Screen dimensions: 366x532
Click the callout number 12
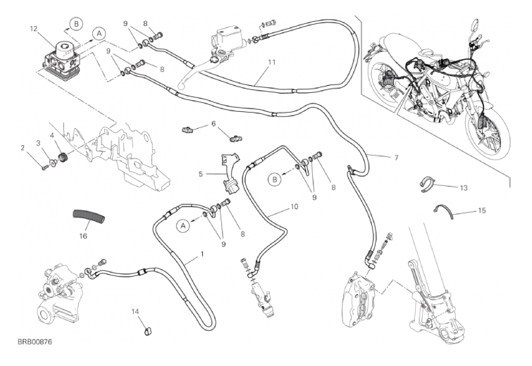click(32, 29)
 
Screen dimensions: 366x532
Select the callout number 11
click(271, 62)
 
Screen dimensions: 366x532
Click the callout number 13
click(463, 188)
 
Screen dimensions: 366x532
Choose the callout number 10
click(295, 208)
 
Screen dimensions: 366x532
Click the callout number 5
click(200, 174)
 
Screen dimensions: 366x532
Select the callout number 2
click(23, 148)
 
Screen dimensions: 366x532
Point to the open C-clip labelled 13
click(426, 184)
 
